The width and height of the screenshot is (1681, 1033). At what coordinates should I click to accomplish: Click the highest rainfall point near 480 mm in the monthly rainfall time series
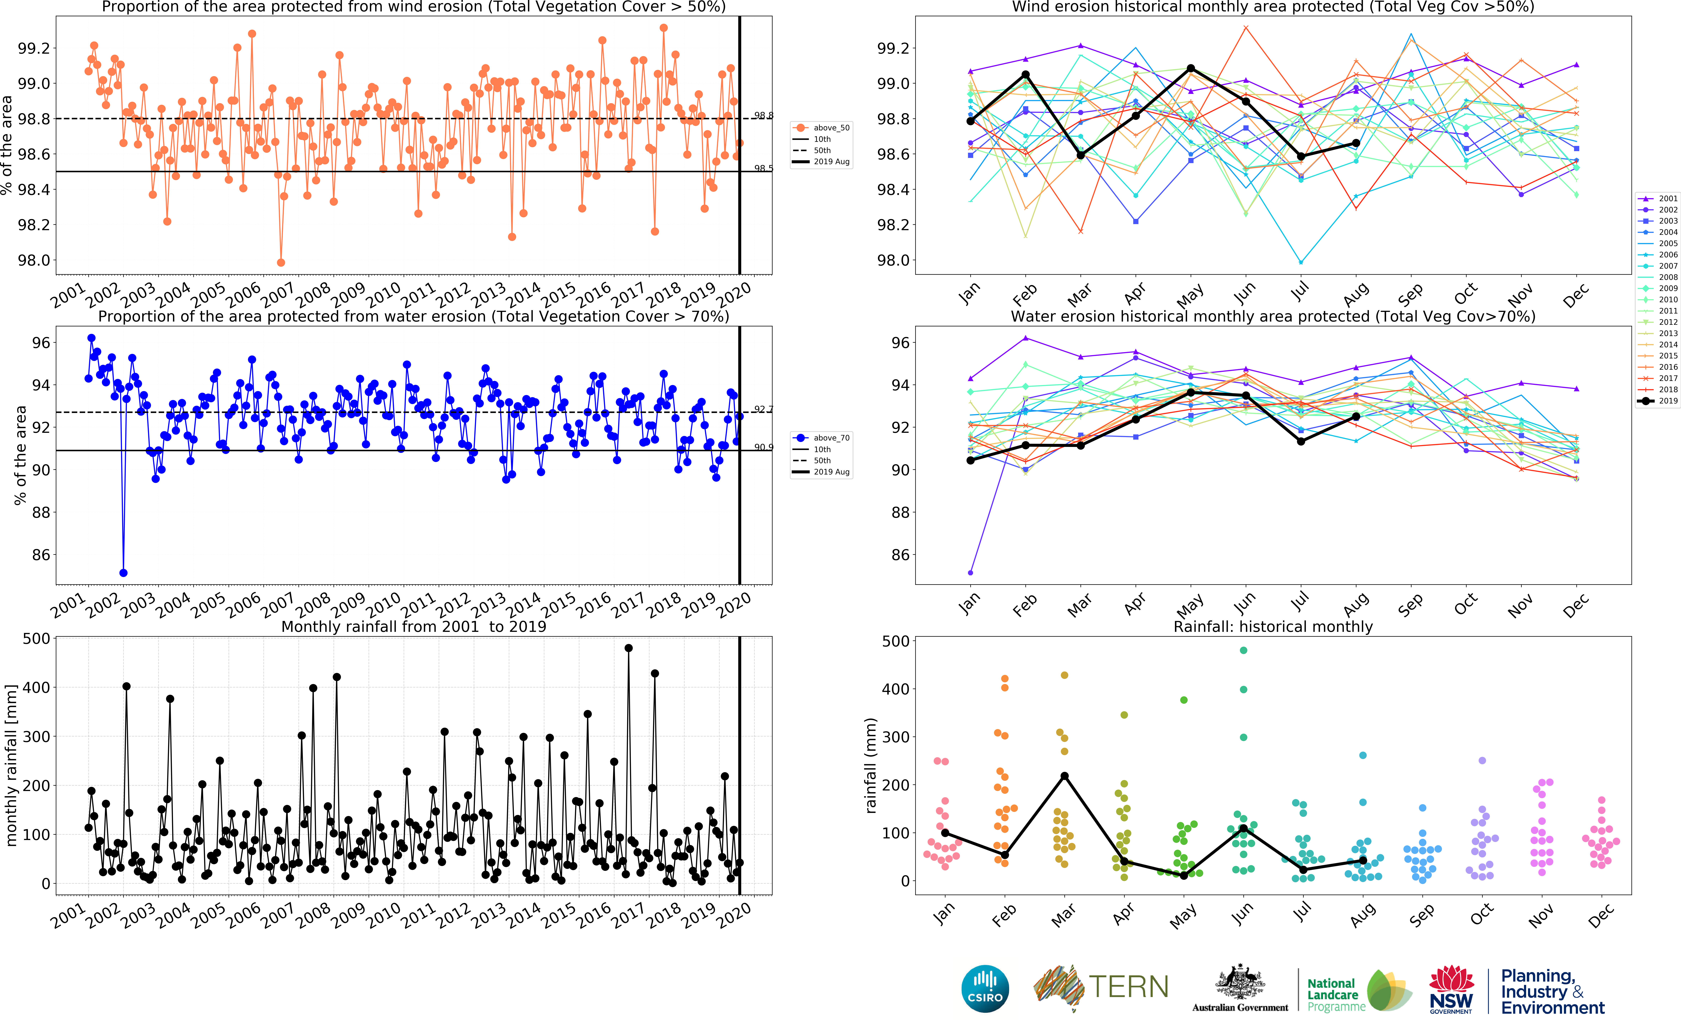(x=628, y=648)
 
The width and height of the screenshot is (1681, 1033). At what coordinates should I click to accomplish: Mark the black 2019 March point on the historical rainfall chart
(x=1064, y=776)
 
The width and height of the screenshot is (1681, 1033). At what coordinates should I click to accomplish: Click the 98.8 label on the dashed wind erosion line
(x=763, y=116)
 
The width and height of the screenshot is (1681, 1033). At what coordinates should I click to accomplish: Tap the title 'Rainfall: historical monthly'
(x=1273, y=626)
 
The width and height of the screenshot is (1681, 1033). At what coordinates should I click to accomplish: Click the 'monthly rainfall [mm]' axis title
(x=11, y=765)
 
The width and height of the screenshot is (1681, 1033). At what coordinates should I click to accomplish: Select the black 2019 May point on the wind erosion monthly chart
(x=1191, y=68)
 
